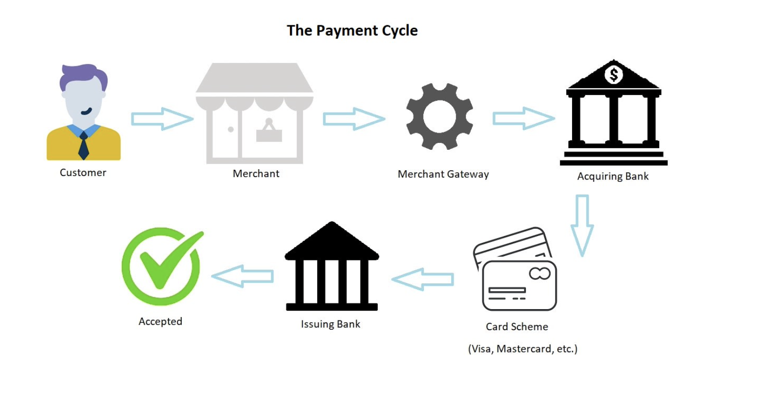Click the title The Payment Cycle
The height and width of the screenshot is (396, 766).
click(x=352, y=31)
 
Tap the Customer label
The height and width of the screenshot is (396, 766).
click(x=83, y=173)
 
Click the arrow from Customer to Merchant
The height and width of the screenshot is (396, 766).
click(x=162, y=119)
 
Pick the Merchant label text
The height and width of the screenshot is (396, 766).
click(x=256, y=174)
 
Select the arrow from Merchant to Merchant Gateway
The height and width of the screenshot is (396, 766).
click(x=354, y=119)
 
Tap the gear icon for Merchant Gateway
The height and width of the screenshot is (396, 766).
click(x=440, y=117)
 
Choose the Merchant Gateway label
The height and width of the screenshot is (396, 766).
click(x=443, y=174)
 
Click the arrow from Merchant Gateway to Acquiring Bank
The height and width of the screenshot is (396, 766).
click(x=524, y=118)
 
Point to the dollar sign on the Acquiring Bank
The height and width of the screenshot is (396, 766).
click(x=613, y=75)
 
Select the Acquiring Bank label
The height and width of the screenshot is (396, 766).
click(x=613, y=177)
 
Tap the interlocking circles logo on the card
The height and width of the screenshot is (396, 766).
click(x=539, y=274)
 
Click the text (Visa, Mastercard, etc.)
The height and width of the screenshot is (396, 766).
click(x=522, y=349)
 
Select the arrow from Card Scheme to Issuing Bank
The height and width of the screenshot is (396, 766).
click(x=422, y=279)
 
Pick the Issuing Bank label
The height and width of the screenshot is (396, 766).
click(x=330, y=324)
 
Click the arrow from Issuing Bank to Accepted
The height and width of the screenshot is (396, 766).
click(x=242, y=277)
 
